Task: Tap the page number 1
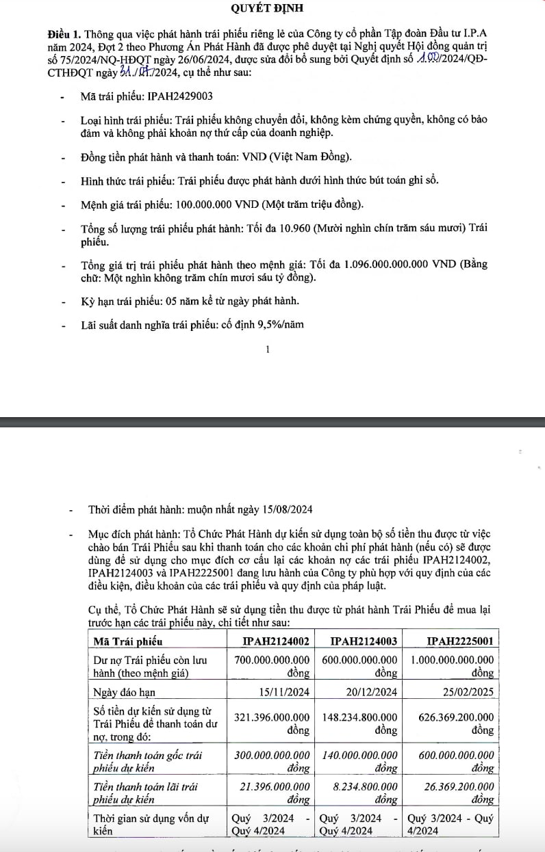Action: (x=267, y=349)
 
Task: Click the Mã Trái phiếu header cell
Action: (x=128, y=641)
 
